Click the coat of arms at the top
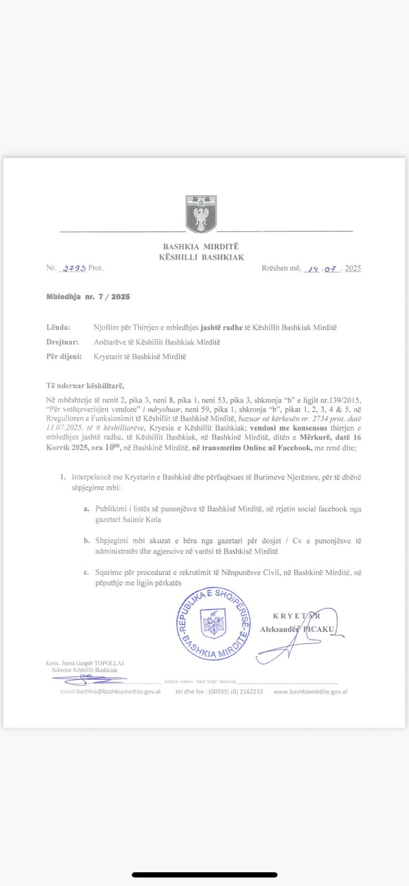(x=201, y=214)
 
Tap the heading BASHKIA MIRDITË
(x=201, y=246)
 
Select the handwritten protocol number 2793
(x=74, y=268)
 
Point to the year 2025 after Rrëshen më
(x=353, y=268)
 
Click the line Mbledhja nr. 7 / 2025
(x=88, y=297)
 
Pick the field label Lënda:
(x=58, y=327)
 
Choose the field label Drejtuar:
(x=62, y=342)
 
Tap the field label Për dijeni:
(x=64, y=357)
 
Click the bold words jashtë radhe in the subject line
(x=221, y=327)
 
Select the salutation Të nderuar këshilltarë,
(x=85, y=385)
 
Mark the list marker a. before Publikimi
(x=86, y=508)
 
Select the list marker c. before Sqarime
(x=86, y=573)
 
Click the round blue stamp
(x=213, y=624)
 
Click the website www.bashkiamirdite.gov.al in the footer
(x=310, y=692)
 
